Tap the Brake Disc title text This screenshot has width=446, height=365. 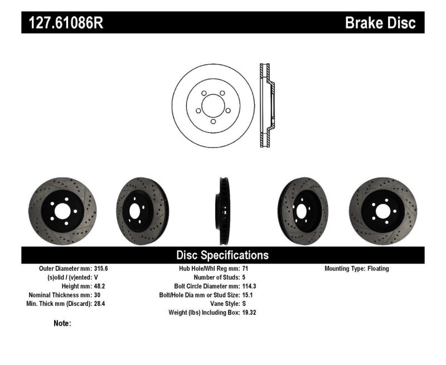[381, 23]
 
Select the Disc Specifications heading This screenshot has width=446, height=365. [222, 255]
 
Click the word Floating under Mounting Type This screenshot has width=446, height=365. [378, 269]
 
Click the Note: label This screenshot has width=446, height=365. [62, 323]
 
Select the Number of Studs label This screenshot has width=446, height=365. [216, 277]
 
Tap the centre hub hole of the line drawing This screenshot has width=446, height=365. [212, 106]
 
